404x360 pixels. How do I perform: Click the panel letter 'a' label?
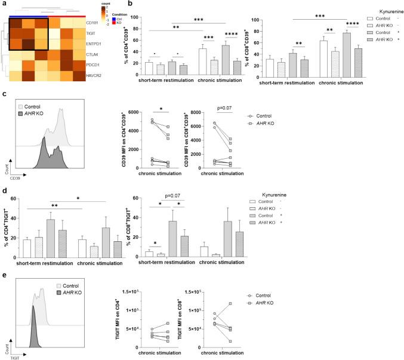[4, 4]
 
